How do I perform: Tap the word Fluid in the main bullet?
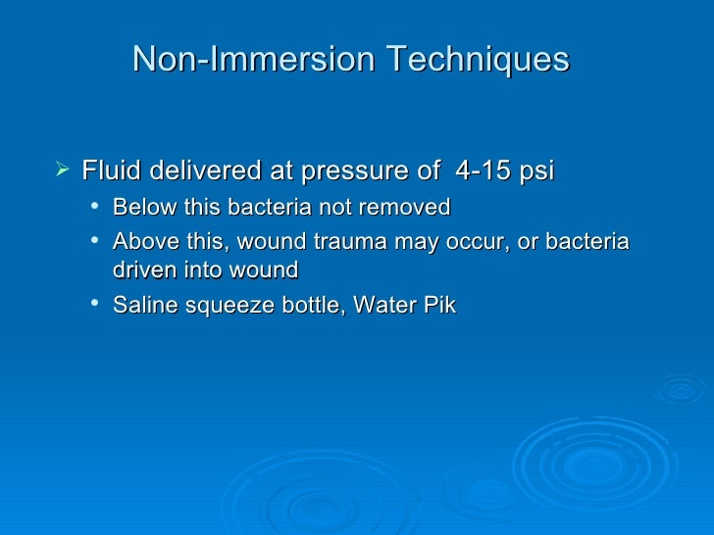(x=105, y=172)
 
